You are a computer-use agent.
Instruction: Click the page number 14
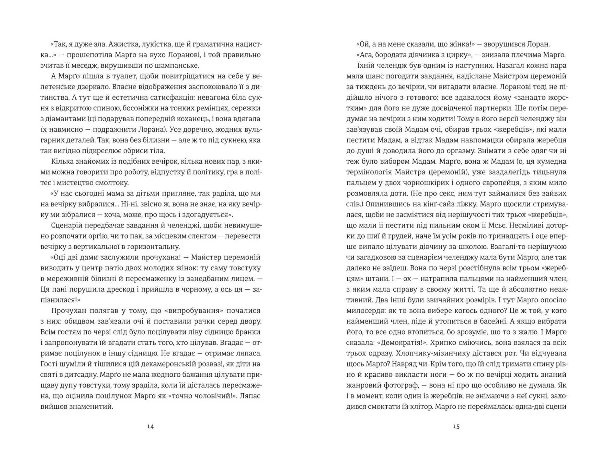coord(150,427)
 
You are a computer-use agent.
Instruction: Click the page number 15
coord(456,427)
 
